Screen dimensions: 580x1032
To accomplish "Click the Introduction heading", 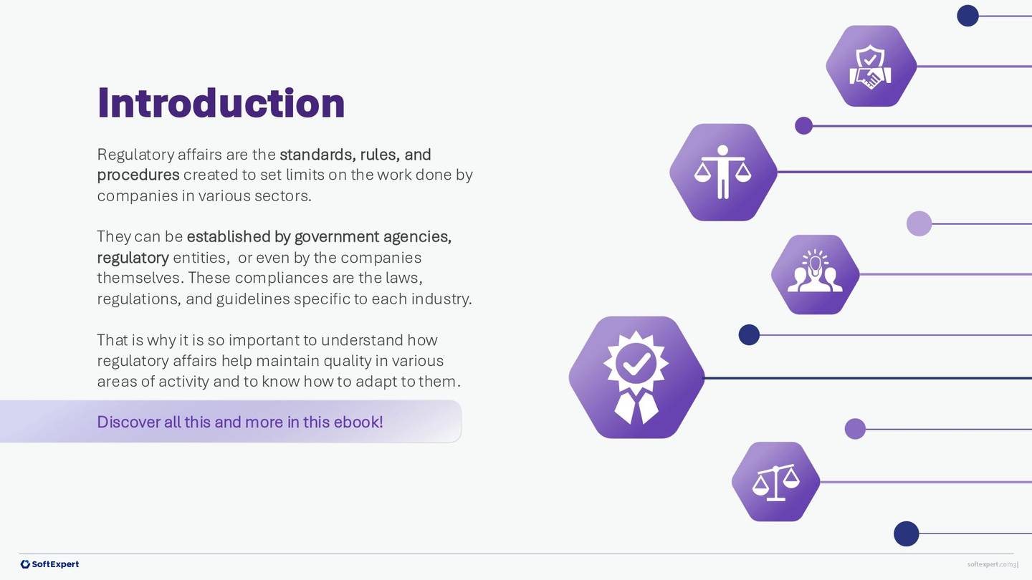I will (x=221, y=103).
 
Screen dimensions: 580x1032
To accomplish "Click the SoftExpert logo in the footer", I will (x=49, y=564).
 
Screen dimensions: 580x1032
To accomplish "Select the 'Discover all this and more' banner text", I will (x=239, y=422).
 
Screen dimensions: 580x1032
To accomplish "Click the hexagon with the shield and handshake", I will (x=871, y=66).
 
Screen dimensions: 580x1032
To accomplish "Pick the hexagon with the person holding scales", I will (x=722, y=173).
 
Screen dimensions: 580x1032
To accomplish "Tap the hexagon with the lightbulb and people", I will (x=815, y=274).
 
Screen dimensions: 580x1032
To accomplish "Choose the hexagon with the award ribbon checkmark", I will (x=636, y=377).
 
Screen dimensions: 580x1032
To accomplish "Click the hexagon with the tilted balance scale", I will (x=775, y=482).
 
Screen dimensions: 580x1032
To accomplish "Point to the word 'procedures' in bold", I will (x=138, y=175).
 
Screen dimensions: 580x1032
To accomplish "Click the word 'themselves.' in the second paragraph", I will (x=140, y=278).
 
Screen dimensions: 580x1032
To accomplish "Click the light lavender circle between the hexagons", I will (x=919, y=223).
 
